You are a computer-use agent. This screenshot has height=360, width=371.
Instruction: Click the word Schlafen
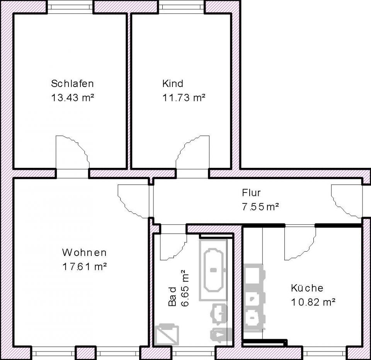click(x=72, y=84)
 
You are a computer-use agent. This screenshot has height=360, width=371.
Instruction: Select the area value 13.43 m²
click(x=73, y=97)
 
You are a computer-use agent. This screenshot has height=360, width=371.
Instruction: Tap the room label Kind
click(x=172, y=84)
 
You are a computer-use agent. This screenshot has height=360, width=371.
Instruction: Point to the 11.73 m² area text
click(x=184, y=97)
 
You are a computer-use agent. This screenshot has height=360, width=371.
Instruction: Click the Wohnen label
click(x=84, y=253)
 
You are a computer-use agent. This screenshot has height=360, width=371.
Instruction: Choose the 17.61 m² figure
click(x=84, y=266)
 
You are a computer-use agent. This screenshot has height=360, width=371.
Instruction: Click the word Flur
click(x=252, y=193)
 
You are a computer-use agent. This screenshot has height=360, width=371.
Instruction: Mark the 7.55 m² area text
click(x=260, y=206)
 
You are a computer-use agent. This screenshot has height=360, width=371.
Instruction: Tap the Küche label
click(x=307, y=288)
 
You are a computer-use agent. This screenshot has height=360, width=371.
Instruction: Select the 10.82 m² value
click(x=313, y=302)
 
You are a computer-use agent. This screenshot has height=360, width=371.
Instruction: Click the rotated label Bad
click(x=172, y=297)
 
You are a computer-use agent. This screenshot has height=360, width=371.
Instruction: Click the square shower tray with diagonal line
click(x=167, y=335)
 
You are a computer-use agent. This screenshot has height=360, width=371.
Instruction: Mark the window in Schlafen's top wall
click(x=70, y=7)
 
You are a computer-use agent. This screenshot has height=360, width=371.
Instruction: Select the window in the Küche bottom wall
click(x=325, y=353)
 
